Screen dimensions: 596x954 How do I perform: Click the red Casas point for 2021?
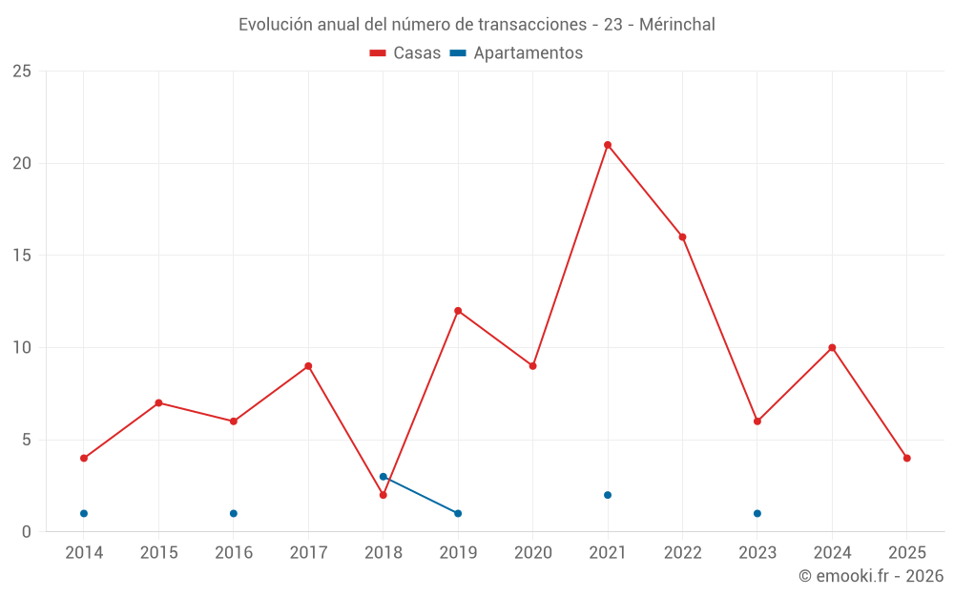pos(608,145)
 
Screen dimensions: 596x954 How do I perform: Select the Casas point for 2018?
pos(383,495)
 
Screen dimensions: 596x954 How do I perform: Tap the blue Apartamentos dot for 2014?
pos(84,514)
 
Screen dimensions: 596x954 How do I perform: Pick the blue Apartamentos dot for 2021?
pos(608,495)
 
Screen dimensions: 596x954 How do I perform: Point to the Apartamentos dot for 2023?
pos(757,514)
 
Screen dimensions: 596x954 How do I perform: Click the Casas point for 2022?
pos(682,237)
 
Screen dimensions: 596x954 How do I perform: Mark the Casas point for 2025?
pos(907,459)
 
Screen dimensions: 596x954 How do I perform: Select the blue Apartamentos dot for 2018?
pos(383,477)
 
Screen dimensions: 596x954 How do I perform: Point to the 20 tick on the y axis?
pos(21,163)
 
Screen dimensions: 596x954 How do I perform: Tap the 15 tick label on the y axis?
pos(21,256)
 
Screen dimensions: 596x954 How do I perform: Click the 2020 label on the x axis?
pos(532,553)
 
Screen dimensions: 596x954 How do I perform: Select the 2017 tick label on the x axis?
pos(308,553)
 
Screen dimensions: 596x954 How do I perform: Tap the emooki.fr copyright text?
pos(871,576)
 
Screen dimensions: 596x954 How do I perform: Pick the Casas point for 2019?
pos(458,311)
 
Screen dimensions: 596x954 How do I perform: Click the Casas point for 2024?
pos(832,348)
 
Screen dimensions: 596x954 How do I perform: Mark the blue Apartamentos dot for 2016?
pos(234,514)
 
